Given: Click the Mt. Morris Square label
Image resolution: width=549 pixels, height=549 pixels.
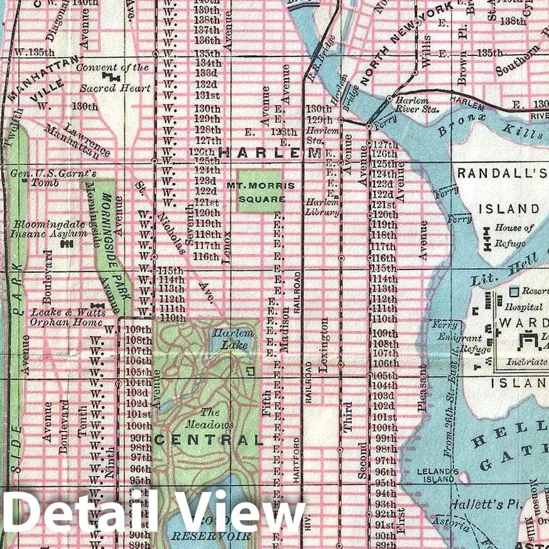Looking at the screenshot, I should (259, 192).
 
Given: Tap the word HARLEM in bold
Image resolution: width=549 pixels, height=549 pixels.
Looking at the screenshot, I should (270, 153).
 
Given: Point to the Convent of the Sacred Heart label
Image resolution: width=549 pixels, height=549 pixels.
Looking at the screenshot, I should (114, 77).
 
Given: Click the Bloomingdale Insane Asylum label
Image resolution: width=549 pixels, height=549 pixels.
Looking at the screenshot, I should (48, 229).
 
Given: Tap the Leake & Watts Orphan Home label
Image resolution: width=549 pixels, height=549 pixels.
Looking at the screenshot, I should (67, 317).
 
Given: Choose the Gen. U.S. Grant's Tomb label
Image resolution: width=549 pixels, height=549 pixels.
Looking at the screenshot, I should (39, 178).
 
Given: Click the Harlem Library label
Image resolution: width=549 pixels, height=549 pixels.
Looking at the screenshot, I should (322, 207).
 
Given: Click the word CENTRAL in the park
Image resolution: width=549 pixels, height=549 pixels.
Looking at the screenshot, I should (207, 440).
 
